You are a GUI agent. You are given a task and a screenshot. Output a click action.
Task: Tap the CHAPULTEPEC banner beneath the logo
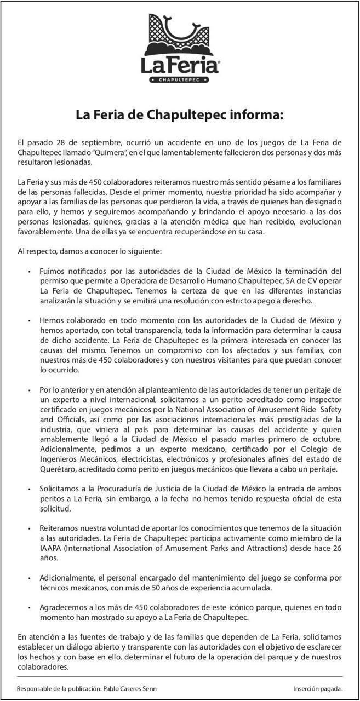pyautogui.click(x=180, y=80)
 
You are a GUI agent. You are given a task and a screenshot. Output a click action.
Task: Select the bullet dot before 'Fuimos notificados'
pyautogui.click(x=28, y=272)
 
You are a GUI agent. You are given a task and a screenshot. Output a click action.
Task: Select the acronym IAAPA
pyautogui.click(x=51, y=548)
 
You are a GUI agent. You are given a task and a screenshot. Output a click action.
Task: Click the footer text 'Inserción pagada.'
pyautogui.click(x=318, y=688)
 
